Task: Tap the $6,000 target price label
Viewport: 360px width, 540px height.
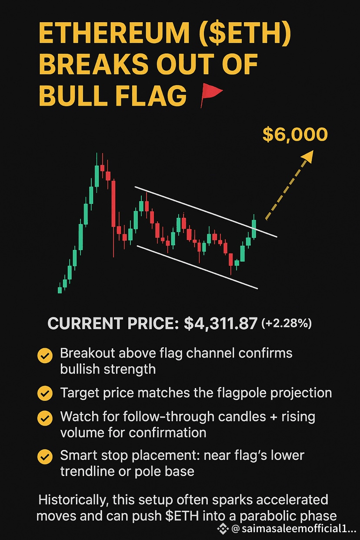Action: (295, 135)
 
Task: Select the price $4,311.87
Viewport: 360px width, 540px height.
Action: (220, 323)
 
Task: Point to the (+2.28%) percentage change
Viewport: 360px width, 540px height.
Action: (287, 323)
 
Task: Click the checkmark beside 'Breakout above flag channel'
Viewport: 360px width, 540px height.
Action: (45, 355)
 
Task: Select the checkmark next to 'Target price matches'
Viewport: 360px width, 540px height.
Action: (45, 393)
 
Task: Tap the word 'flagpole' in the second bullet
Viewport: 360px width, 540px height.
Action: (241, 393)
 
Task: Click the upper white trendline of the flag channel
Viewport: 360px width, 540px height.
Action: (206, 212)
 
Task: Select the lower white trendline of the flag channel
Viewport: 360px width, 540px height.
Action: (197, 267)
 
